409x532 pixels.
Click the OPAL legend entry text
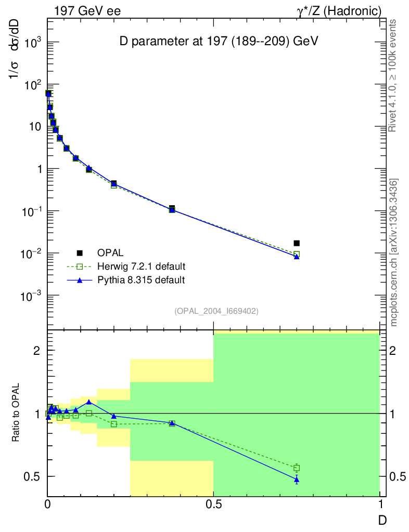coord(110,253)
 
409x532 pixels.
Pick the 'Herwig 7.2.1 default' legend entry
coord(141,267)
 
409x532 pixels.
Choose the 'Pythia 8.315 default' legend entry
coord(140,280)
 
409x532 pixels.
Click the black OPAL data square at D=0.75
coord(297,243)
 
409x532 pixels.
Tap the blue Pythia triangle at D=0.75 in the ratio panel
coord(297,480)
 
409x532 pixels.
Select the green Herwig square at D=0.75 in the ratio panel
coord(297,468)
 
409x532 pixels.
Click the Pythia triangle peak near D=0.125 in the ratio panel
coord(89,402)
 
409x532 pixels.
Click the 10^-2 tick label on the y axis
coord(31,254)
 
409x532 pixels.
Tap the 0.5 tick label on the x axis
coord(213,504)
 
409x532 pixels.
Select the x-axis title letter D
coord(382,518)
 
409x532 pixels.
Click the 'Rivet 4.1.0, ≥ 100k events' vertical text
coord(393,75)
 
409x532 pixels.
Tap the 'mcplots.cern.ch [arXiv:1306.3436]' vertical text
coord(394,252)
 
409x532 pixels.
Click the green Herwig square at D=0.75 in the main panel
coord(297,254)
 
